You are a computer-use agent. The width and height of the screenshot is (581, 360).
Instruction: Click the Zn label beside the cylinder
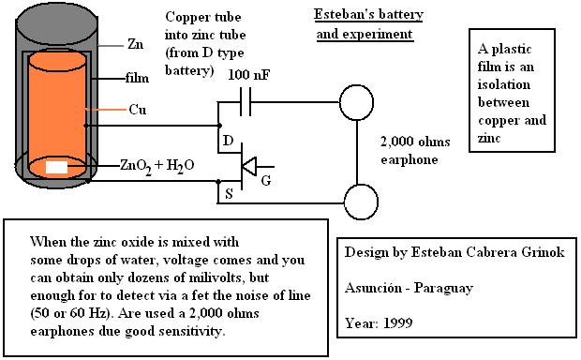tap(135, 44)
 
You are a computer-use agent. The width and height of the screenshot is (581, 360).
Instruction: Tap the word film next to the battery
tap(137, 78)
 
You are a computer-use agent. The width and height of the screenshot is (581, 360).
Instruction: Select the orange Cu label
tap(138, 110)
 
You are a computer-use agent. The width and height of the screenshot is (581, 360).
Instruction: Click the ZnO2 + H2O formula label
tap(157, 166)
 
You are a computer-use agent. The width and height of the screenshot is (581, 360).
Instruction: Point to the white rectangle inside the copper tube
tap(56, 168)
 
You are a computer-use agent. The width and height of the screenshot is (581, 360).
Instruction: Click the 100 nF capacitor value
tap(249, 75)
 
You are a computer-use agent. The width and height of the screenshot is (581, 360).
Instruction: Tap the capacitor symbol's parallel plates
tap(246, 101)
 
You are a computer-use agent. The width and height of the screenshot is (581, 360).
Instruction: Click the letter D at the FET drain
tap(229, 141)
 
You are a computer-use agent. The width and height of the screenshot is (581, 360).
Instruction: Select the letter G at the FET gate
tap(266, 181)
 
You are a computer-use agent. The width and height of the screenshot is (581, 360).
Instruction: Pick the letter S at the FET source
tap(229, 193)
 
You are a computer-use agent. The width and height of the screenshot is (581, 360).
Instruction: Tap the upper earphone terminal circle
tap(356, 102)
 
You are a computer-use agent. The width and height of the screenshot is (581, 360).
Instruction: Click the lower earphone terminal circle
tap(361, 202)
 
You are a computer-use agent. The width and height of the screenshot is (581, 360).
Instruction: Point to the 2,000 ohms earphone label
tap(415, 151)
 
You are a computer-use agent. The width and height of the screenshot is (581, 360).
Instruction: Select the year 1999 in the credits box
tap(397, 323)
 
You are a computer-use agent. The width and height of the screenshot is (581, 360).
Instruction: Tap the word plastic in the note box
tap(512, 50)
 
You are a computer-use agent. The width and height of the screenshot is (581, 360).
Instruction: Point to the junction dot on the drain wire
tap(219, 126)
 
